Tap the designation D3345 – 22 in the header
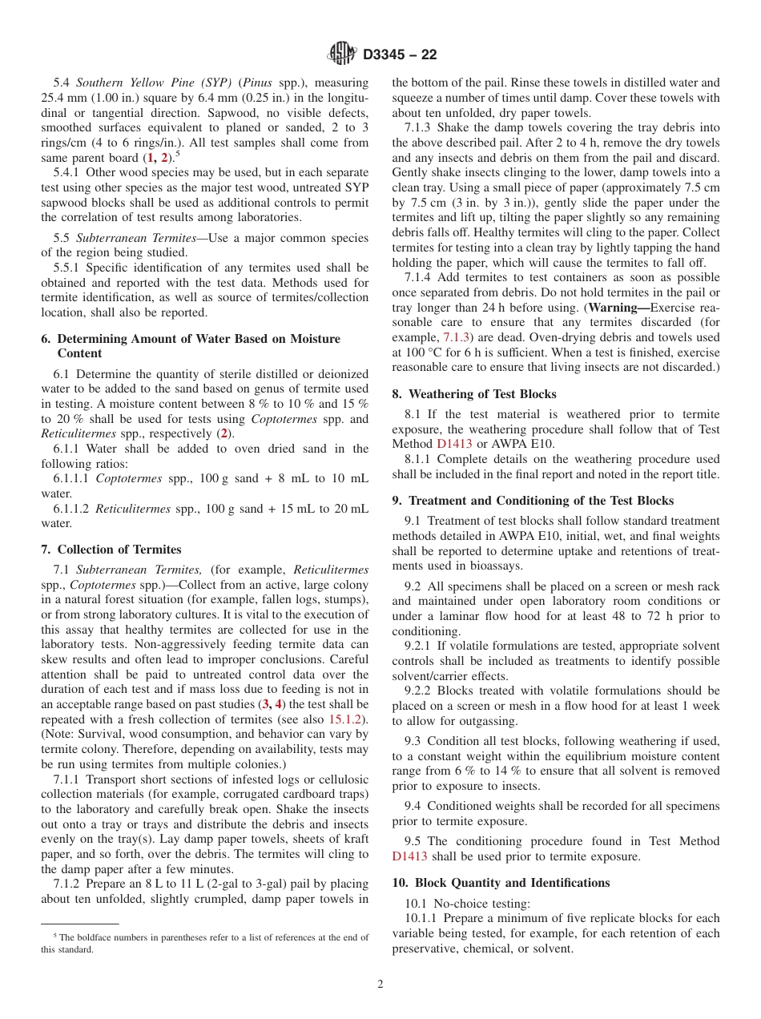400,55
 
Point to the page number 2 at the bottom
380,985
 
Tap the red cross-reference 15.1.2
347,719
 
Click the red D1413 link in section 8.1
454,444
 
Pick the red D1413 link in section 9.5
409,856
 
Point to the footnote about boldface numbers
204,943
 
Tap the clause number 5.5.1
66,268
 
